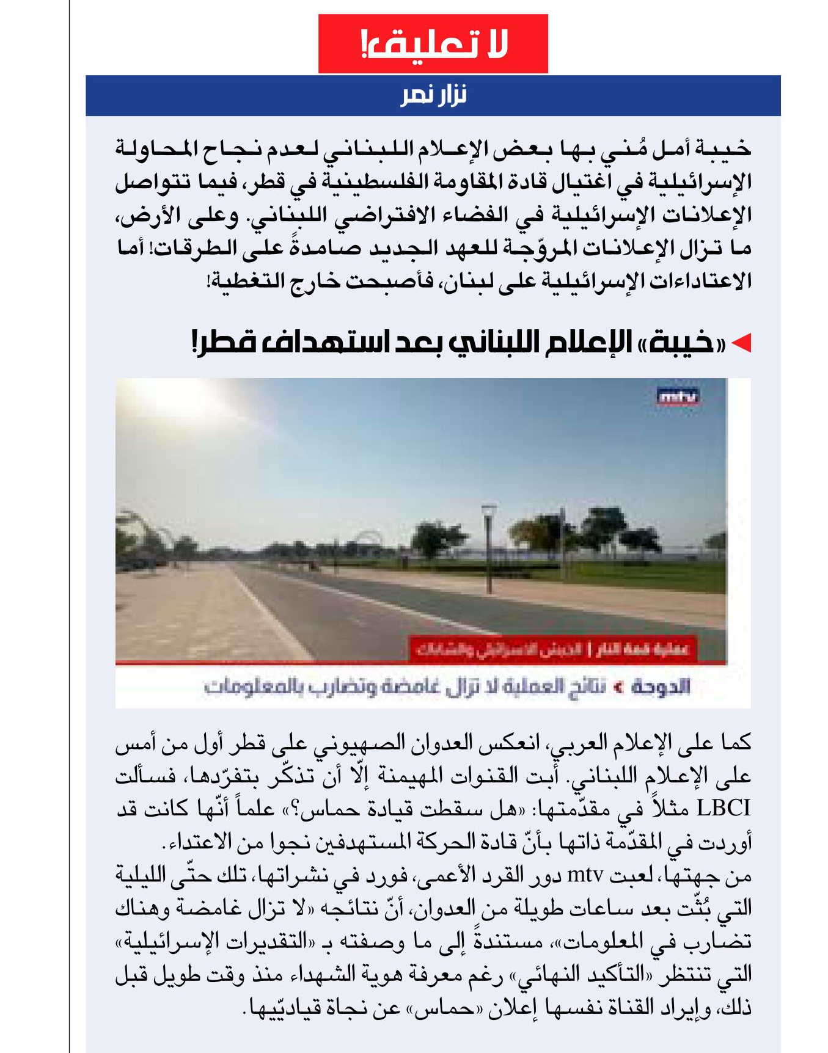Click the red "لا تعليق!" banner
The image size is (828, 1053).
[433, 43]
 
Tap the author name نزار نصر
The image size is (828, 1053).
[433, 95]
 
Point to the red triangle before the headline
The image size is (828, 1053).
[741, 344]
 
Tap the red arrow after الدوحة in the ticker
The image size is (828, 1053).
[618, 687]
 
